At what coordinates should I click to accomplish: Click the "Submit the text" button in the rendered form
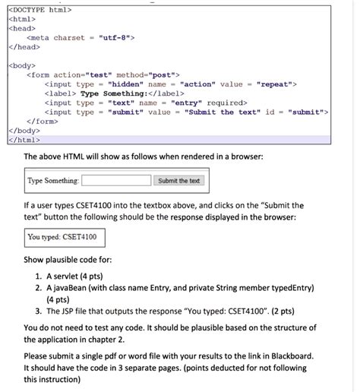pyautogui.click(x=179, y=181)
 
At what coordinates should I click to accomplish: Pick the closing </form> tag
pyautogui.click(x=44, y=121)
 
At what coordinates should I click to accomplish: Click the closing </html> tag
pyautogui.click(x=26, y=139)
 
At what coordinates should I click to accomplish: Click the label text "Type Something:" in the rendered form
pyautogui.click(x=52, y=181)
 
